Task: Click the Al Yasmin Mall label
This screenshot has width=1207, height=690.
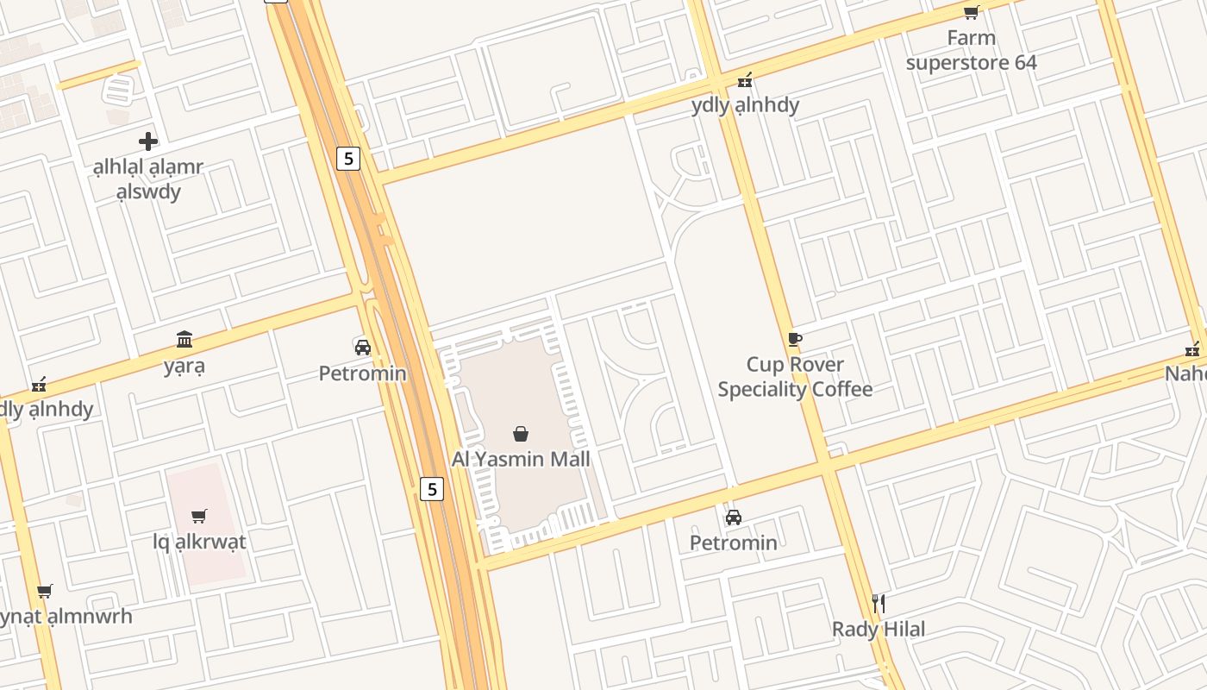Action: coord(521,459)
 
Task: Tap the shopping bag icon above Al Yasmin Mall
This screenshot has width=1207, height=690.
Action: coord(521,433)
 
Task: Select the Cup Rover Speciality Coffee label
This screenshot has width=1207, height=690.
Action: coord(795,377)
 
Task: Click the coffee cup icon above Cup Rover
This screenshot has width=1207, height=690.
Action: coord(795,339)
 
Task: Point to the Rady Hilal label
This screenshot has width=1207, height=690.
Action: coord(878,629)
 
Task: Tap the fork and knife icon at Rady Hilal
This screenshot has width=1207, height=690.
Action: coord(878,603)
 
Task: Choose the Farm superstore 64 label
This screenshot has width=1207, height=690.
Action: coord(971,50)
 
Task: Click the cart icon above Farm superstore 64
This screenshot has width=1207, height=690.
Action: coord(971,12)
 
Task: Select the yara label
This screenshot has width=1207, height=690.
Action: coord(184,366)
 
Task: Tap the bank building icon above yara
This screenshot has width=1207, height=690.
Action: coord(184,339)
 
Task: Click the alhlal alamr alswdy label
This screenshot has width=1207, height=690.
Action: coord(148,179)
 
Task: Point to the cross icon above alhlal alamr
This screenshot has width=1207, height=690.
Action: coord(148,141)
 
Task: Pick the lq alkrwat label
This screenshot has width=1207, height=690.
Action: coord(199,542)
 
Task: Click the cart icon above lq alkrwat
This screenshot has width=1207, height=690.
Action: coord(199,516)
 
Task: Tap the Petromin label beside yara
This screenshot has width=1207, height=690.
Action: coord(362,373)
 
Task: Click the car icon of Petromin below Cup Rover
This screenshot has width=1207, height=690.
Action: coord(733,517)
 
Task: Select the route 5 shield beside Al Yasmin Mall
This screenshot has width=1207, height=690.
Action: coord(432,489)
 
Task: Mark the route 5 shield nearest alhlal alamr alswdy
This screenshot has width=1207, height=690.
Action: coord(347,158)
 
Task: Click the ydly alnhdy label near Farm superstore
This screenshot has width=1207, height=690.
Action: coord(745,105)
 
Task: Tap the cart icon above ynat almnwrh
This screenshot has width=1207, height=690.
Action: coord(45,591)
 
